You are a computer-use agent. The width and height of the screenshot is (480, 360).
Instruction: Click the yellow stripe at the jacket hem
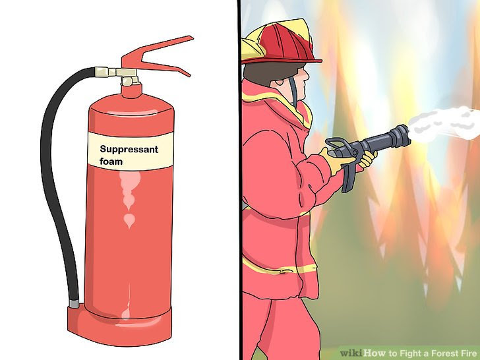coord(277,266)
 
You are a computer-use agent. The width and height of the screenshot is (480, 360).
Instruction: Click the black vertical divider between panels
coord(238,198)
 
